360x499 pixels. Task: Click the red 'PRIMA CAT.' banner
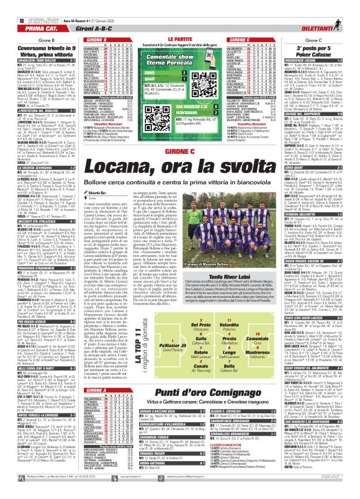(x=25, y=16)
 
